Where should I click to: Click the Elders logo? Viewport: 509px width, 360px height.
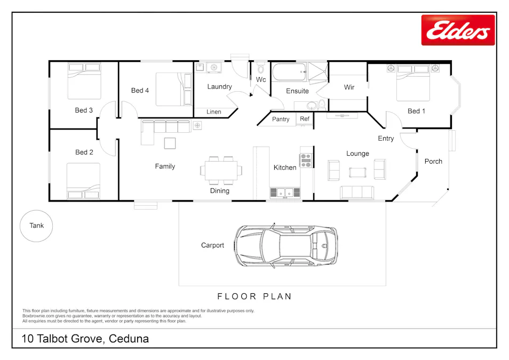[458, 30]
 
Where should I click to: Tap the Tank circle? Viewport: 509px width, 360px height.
[37, 226]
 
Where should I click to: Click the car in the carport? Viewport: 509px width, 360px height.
[287, 246]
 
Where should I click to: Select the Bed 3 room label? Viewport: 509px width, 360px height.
[84, 110]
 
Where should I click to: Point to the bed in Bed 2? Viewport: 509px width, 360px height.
[83, 181]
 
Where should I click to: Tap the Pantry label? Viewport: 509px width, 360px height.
[281, 119]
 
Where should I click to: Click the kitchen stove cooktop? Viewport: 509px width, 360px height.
[306, 161]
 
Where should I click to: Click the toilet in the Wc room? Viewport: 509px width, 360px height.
[261, 69]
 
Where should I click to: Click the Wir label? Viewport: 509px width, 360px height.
[349, 87]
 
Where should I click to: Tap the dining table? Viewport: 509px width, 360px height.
[220, 170]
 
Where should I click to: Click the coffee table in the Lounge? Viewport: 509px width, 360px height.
[357, 172]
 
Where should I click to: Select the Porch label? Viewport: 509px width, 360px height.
[433, 161]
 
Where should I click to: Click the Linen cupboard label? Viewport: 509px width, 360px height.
[214, 112]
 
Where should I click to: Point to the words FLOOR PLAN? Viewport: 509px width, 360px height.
[254, 297]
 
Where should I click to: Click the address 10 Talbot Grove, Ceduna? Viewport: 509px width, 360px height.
[85, 339]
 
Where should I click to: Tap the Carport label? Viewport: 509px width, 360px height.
[212, 245]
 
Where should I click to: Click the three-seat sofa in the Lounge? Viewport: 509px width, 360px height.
[357, 192]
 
